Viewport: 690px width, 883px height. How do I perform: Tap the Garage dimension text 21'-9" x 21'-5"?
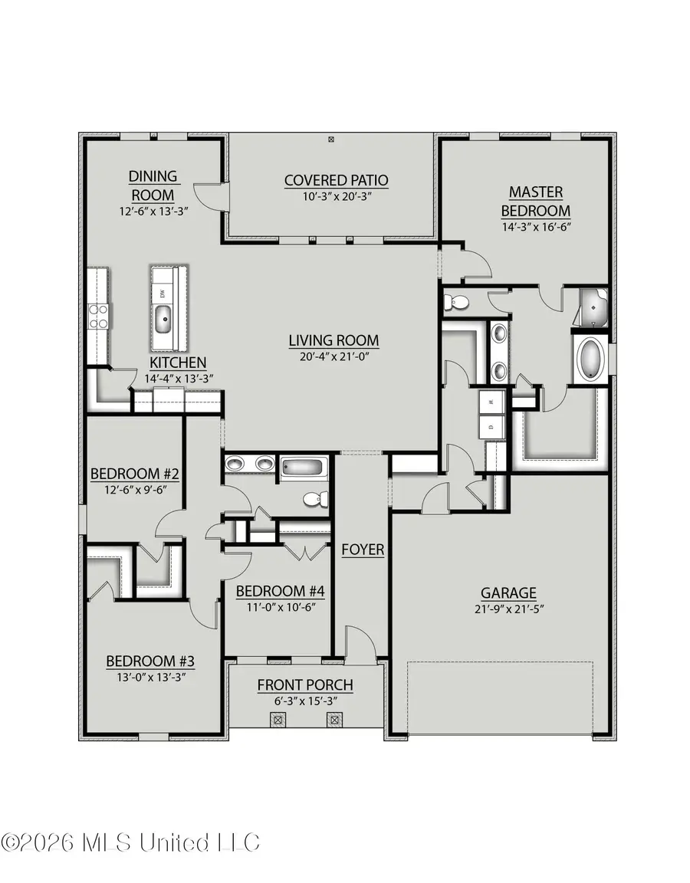point(508,609)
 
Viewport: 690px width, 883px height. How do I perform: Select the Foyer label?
point(363,550)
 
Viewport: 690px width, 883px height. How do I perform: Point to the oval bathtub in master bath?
point(591,358)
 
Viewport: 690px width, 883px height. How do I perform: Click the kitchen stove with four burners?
point(99,316)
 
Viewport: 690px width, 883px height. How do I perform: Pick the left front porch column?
point(278,719)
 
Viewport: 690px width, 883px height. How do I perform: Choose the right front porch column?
point(334,719)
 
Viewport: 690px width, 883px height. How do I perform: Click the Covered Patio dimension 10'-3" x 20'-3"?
point(336,196)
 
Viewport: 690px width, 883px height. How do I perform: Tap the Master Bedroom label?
point(536,201)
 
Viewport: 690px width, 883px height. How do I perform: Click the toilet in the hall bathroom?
point(314,500)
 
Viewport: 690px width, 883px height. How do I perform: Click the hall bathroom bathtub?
point(304,466)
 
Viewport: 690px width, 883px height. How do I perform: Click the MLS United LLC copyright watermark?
point(130,842)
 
